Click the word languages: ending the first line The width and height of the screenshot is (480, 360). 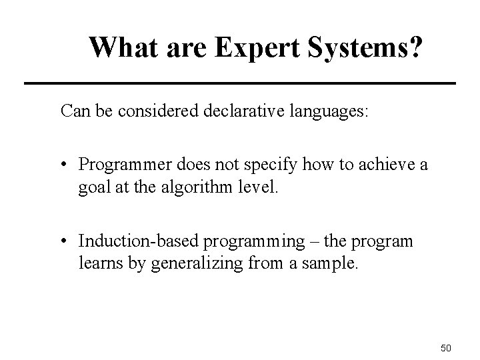[x=319, y=111]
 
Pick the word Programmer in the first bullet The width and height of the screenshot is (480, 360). [x=118, y=165]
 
